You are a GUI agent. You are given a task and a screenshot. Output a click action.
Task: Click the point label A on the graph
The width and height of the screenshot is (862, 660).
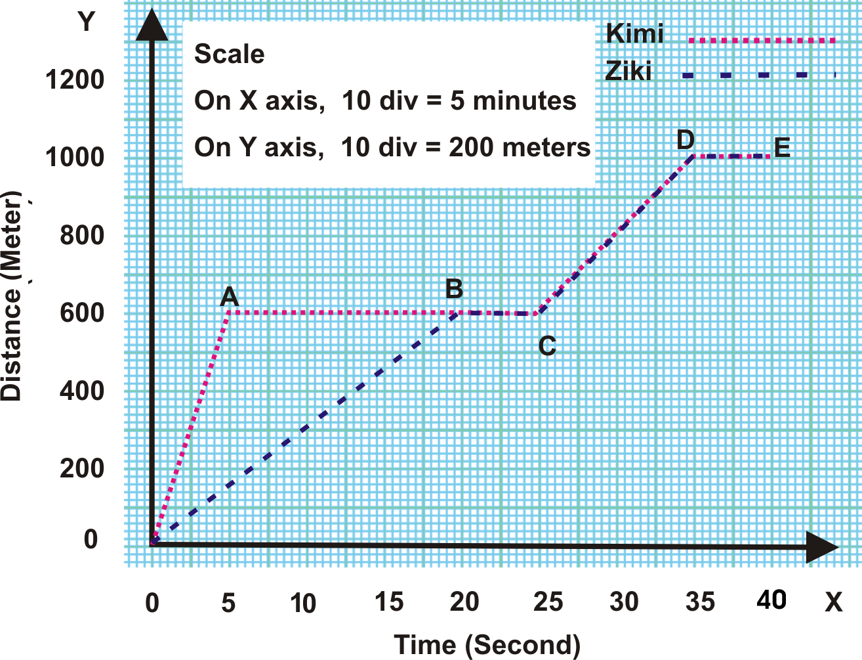coord(229,297)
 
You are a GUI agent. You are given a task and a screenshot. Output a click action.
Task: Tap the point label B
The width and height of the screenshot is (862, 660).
coord(454,289)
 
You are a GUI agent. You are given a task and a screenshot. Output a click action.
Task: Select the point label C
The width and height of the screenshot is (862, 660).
coord(547,346)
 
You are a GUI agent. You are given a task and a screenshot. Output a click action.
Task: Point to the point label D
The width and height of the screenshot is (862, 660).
coord(686,140)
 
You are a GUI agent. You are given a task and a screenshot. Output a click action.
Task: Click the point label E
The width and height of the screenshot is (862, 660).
coord(782,148)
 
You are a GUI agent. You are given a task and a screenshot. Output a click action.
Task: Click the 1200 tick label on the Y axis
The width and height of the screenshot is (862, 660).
coord(75,80)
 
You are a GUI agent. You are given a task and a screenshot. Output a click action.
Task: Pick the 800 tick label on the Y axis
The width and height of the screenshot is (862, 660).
coord(82,234)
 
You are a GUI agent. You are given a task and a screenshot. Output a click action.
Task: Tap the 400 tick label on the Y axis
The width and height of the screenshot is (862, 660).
coord(82,391)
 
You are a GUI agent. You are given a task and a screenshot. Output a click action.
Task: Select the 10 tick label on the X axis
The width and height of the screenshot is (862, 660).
coord(303,603)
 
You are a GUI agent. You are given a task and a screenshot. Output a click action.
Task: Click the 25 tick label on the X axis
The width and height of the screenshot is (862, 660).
coord(548,602)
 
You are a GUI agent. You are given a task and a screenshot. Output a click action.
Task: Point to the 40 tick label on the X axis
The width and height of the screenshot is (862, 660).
coord(771,600)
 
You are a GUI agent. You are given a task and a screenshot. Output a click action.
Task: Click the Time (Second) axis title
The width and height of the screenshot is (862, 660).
coord(487,645)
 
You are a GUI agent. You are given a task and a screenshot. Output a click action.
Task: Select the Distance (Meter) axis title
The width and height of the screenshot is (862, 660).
coord(12,296)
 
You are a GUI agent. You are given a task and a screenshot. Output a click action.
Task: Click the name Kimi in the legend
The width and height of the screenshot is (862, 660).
coord(634,33)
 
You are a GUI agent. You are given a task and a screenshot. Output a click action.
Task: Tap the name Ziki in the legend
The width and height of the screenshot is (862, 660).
coord(628,72)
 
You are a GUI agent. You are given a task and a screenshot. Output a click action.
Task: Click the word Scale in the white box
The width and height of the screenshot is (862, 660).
coord(230,54)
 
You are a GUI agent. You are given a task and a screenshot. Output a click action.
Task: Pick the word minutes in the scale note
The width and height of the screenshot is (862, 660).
coord(524,101)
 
